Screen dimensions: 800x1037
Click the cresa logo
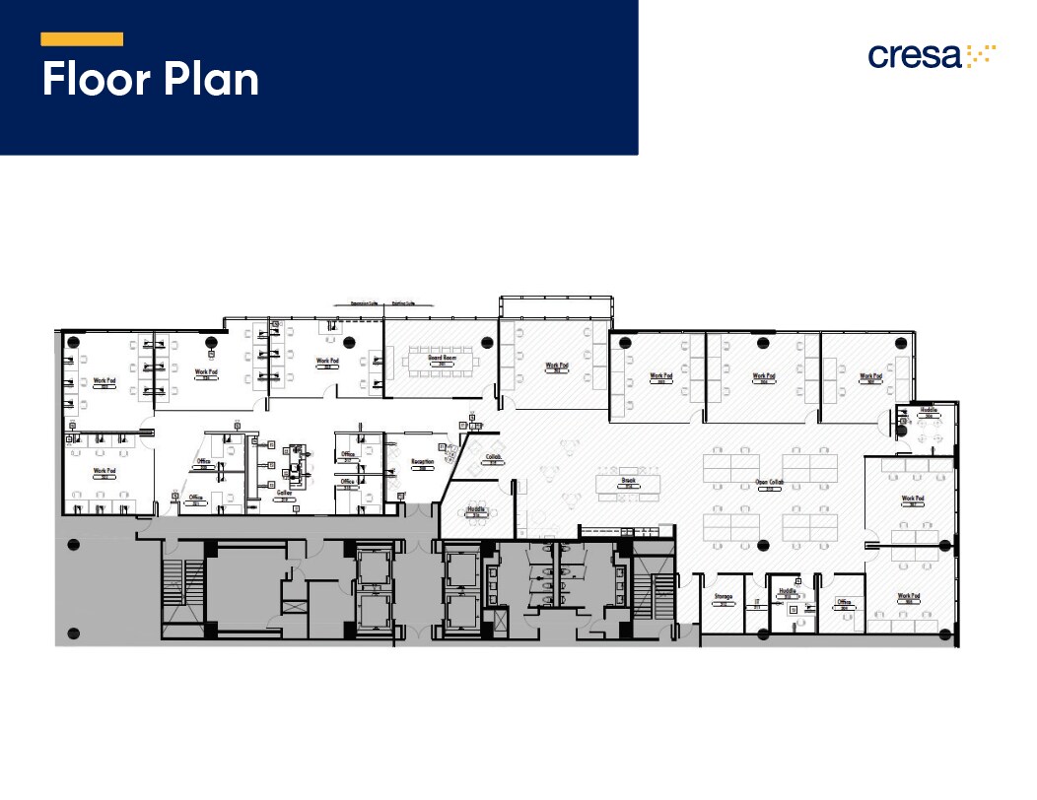932,55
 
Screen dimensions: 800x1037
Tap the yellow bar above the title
82,39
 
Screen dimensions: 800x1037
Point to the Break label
627,481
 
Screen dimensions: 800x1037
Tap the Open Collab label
769,483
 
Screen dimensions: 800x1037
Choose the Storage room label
723,597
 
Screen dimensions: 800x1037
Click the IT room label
757,601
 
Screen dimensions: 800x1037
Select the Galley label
284,493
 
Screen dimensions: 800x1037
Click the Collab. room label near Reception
494,457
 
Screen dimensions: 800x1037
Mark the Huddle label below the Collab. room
477,510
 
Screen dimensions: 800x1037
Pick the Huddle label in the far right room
929,410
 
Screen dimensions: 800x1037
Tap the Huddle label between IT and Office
787,592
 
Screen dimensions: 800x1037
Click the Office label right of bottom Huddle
844,602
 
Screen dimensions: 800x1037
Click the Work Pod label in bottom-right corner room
909,596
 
